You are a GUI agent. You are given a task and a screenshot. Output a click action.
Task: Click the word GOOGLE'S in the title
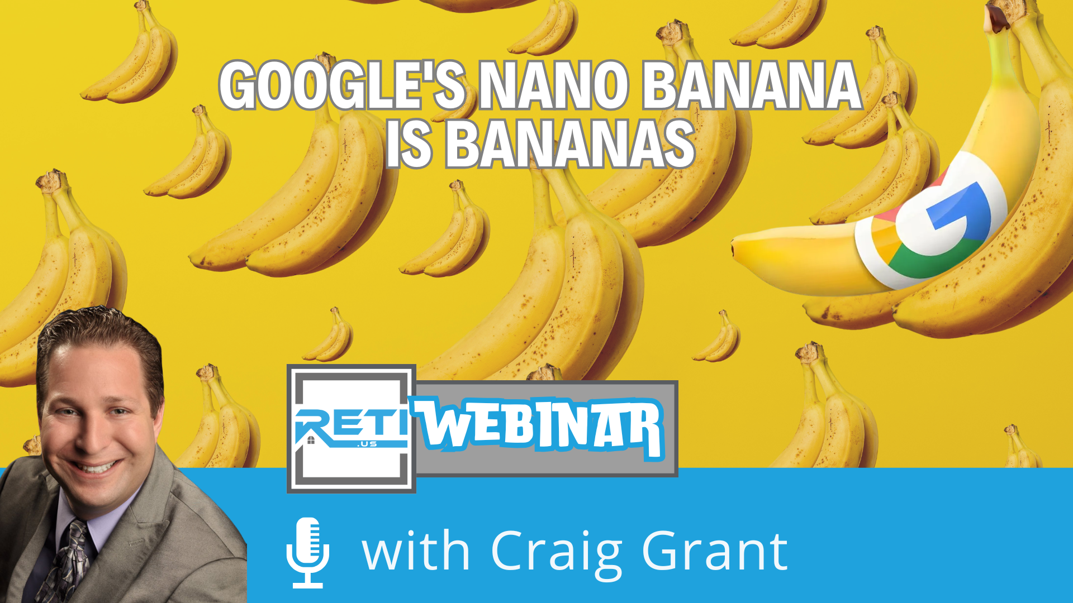[x=343, y=85]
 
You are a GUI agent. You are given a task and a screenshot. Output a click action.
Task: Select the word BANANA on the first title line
[x=752, y=85]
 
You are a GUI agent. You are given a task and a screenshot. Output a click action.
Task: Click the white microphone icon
[x=308, y=552]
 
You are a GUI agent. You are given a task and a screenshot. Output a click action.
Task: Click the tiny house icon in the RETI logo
[x=311, y=440]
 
